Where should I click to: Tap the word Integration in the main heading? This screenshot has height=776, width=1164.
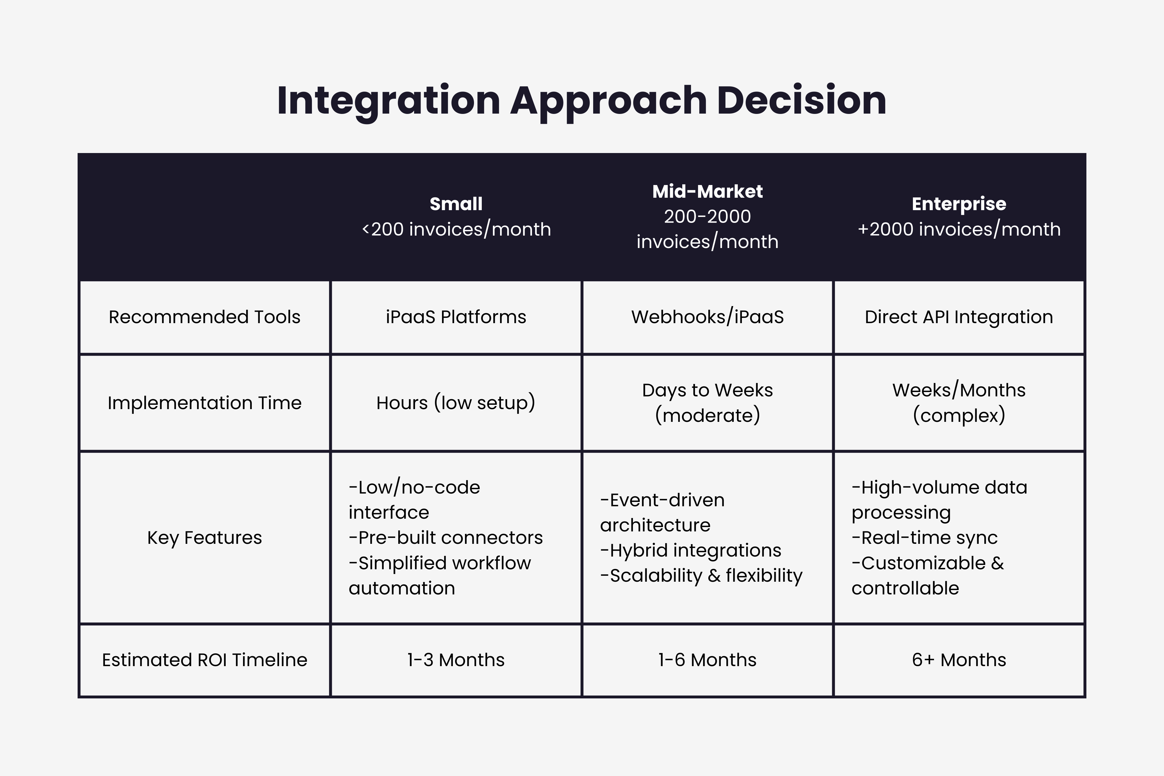coord(389,101)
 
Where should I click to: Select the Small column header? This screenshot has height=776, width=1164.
coord(456,204)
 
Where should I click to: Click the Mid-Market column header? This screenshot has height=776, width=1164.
coord(707,192)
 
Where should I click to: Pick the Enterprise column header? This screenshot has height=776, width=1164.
coord(959,204)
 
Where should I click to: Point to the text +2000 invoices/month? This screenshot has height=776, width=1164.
coord(959,229)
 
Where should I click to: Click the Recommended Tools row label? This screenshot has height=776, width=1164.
coord(204,317)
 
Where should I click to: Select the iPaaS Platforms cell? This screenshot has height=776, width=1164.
coord(456,317)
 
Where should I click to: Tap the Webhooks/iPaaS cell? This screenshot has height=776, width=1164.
coord(707,317)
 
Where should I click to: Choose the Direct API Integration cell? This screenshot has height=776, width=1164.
coord(959,317)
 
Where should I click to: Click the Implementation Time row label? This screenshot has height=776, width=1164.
coord(204,403)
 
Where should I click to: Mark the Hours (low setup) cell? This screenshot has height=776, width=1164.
coord(456,403)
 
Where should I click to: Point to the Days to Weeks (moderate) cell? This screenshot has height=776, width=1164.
coord(707,403)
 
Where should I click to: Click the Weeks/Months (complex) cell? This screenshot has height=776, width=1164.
coord(959,403)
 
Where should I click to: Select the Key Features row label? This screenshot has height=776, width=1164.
coord(204,538)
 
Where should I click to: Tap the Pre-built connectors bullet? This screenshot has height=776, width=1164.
coord(445,538)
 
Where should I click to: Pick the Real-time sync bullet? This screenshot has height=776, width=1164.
coord(924,538)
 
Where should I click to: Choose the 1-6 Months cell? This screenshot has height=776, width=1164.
coord(707,660)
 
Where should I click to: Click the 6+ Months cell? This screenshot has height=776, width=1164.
coord(959,660)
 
